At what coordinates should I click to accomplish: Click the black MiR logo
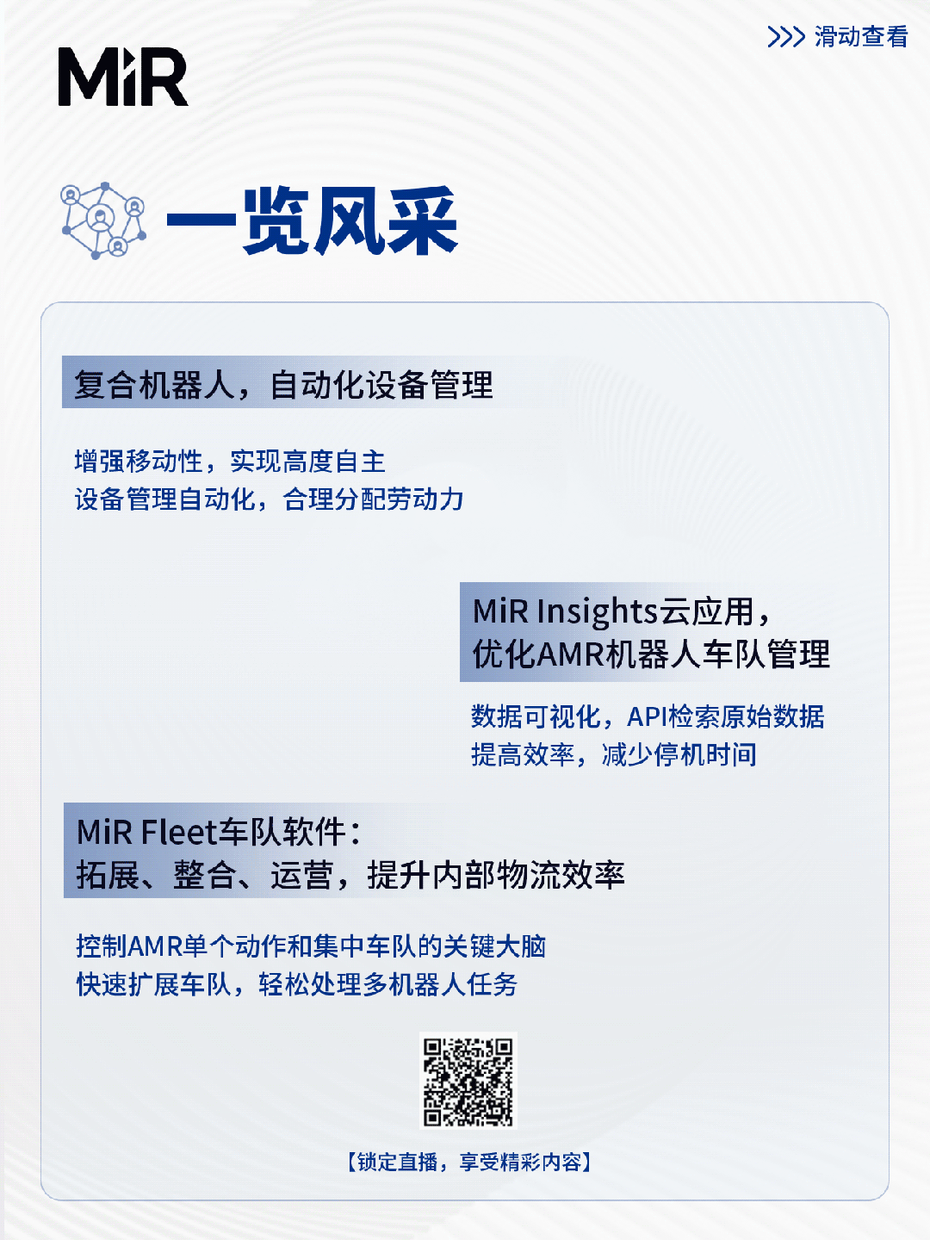coord(123,77)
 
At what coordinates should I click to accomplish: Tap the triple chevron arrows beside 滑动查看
coord(786,37)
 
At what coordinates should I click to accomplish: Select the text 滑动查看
coord(861,37)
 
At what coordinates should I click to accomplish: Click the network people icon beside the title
coord(102,221)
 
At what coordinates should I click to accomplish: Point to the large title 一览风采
coord(313,221)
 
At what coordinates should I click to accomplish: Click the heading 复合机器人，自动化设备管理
coord(283,385)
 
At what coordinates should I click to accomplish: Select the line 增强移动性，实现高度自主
coord(230,462)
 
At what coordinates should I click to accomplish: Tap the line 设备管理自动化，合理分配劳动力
coord(269,499)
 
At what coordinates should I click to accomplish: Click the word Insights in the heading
coord(598,611)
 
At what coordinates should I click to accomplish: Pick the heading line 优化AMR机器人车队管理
coord(651,654)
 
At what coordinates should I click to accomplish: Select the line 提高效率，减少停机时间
coord(614,754)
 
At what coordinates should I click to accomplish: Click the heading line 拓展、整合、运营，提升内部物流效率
coord(350,875)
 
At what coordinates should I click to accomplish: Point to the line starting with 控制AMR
coord(311,946)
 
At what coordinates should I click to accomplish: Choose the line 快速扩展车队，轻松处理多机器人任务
coord(297,984)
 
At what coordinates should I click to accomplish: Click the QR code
coord(468,1081)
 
